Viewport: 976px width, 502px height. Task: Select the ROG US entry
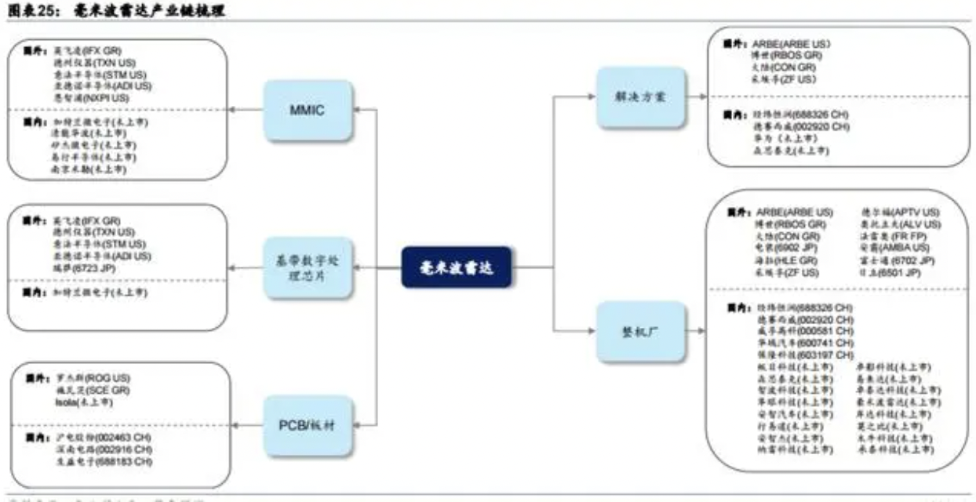[x=86, y=377]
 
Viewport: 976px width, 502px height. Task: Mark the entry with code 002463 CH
[x=98, y=436]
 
